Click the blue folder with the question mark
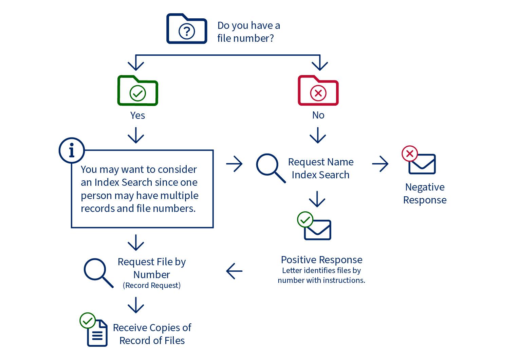point(186,29)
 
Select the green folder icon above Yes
point(137,91)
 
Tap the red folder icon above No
point(318,91)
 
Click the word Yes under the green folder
point(137,115)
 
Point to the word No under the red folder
point(318,115)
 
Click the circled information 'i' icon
point(72,150)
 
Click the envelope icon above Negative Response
point(422,164)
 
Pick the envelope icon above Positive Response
point(317,230)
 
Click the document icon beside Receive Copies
point(97,334)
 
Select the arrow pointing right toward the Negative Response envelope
point(380,164)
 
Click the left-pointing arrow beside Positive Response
point(234,271)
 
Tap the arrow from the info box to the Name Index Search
point(234,164)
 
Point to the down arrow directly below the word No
point(318,136)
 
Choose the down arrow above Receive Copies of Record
point(136,305)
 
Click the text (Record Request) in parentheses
point(152,285)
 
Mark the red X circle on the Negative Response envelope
point(410,154)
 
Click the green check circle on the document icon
point(88,321)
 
